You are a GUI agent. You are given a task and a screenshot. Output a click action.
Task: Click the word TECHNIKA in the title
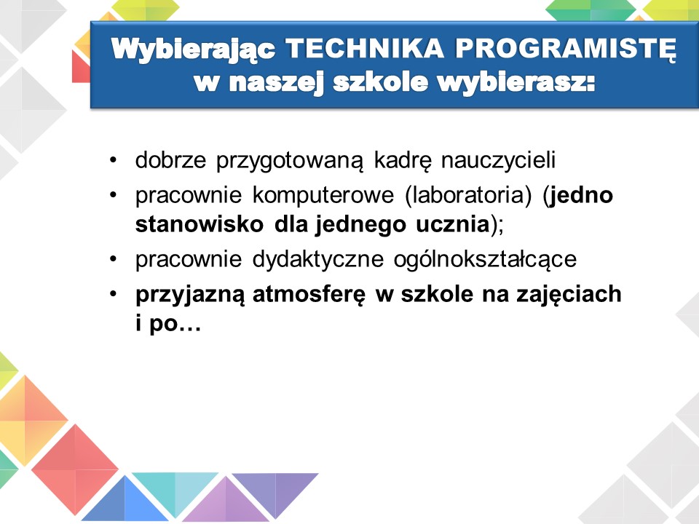(x=364, y=48)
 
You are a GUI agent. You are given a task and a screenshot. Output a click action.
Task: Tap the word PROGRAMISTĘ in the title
(x=565, y=49)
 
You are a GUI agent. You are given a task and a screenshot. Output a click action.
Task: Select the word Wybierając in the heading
(x=193, y=49)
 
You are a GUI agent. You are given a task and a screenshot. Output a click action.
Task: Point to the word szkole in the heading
(x=381, y=82)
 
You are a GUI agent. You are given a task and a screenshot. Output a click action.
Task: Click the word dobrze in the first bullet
(x=170, y=159)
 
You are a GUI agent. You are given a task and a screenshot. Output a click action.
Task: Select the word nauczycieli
(x=498, y=159)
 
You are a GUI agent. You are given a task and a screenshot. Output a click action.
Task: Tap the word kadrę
(x=403, y=160)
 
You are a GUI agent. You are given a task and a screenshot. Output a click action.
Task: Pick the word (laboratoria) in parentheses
(x=468, y=196)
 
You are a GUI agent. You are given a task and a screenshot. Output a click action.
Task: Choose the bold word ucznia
(x=453, y=224)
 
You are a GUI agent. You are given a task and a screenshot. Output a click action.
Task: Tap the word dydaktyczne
(x=318, y=259)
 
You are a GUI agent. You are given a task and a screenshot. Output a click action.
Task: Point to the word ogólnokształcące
(x=485, y=259)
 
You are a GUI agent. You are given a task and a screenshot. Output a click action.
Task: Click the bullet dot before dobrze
(x=114, y=159)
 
